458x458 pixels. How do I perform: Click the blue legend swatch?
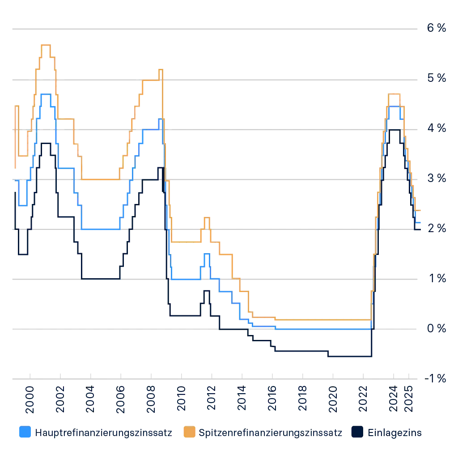click(x=25, y=433)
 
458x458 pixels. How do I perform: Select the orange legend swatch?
click(x=190, y=433)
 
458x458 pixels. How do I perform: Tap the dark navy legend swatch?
click(x=358, y=433)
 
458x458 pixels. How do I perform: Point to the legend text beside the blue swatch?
click(x=103, y=433)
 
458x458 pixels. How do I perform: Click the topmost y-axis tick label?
click(x=437, y=28)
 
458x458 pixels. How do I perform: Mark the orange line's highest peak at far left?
click(x=47, y=44)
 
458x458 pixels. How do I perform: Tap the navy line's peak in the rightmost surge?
click(x=394, y=130)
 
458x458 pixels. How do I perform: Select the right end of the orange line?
click(x=420, y=210)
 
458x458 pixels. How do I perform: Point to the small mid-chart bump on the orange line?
click(x=206, y=217)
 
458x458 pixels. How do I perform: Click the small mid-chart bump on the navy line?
click(x=205, y=292)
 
